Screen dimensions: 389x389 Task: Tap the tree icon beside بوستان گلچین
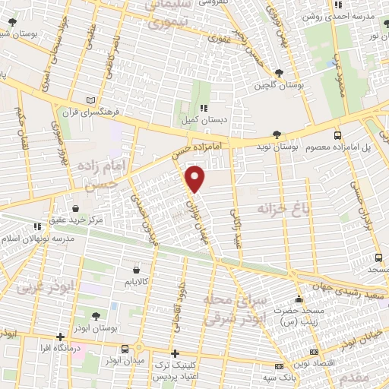[281, 73]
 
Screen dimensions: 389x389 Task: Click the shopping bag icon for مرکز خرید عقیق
[76, 209]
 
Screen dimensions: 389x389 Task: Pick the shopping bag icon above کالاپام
[136, 269]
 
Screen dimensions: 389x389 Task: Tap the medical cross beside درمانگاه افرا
[60, 337]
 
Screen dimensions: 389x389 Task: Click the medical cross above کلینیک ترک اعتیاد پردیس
[176, 353]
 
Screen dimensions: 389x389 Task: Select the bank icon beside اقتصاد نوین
[315, 353]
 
